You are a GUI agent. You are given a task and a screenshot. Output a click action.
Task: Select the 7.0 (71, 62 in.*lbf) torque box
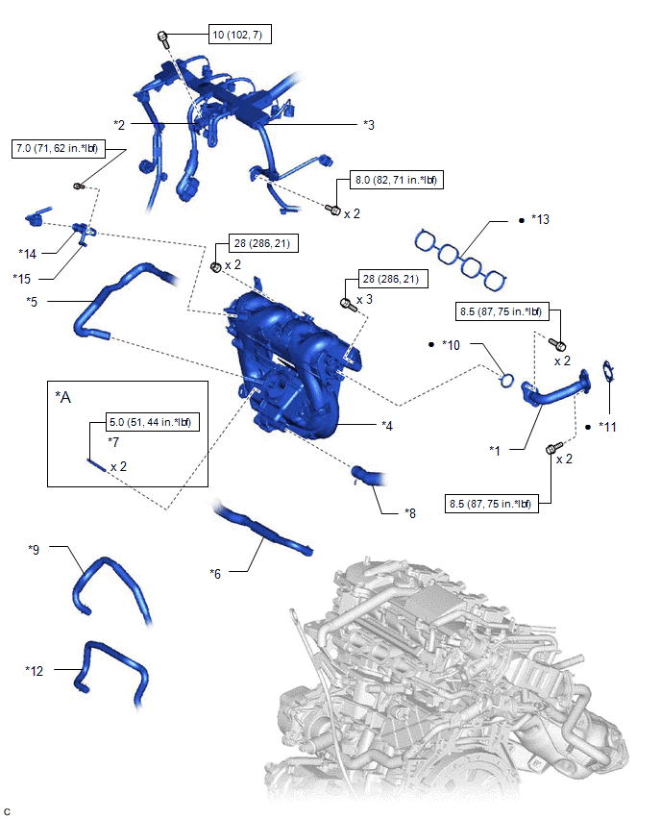[58, 148]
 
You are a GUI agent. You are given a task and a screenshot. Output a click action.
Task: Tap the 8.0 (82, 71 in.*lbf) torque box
[397, 180]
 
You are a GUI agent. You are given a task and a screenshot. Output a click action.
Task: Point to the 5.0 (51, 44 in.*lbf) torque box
[151, 422]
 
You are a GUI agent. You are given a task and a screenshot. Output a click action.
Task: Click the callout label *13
[540, 219]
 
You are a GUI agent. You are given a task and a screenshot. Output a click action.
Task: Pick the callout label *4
[387, 426]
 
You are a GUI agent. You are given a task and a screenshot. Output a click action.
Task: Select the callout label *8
[410, 513]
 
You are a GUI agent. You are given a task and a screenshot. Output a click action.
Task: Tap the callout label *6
[215, 574]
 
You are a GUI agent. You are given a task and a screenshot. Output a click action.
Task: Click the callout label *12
[35, 670]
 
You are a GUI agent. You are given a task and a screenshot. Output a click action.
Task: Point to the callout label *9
[34, 550]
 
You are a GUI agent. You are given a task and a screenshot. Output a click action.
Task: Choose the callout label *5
[32, 302]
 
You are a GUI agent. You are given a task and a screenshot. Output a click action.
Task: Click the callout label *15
[22, 279]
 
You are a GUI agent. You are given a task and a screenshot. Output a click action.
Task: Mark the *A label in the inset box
[62, 398]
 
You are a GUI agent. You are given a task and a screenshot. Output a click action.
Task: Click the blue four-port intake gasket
[460, 260]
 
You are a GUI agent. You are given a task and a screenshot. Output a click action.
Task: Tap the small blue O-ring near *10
[506, 381]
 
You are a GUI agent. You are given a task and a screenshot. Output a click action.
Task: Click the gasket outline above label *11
[608, 373]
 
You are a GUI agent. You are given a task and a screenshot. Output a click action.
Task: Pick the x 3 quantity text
[364, 299]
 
